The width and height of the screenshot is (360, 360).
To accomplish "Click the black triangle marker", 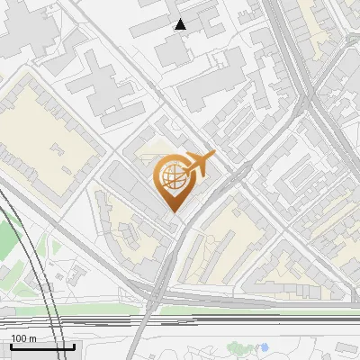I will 181,24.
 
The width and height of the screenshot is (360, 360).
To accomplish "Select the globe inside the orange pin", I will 172,176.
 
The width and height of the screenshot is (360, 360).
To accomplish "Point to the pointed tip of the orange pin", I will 173,212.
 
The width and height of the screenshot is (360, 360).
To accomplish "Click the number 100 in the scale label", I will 18,338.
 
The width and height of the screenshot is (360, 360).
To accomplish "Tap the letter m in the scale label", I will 31,338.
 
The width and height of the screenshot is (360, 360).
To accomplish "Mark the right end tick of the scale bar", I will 75,346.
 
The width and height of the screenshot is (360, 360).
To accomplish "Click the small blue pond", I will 265,346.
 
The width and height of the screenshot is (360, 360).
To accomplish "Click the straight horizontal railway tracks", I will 225,319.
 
